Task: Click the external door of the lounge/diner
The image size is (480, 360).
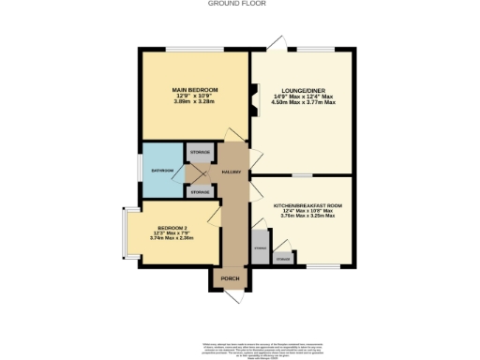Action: [x=275, y=44]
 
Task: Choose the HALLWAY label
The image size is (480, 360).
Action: [x=232, y=172]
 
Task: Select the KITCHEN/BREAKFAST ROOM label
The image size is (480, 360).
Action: [x=307, y=204]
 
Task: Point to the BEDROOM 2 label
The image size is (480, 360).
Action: [x=172, y=228]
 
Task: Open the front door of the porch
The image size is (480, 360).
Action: [x=231, y=294]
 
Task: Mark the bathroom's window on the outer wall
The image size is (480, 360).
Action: [x=140, y=171]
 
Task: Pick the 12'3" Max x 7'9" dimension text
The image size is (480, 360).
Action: [x=172, y=232]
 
